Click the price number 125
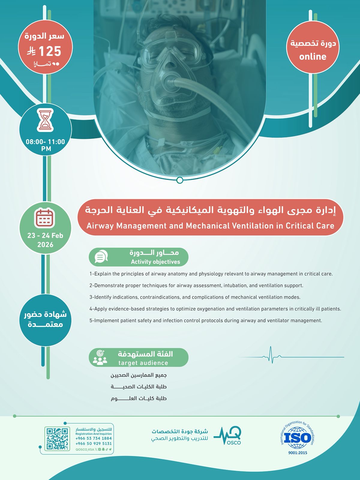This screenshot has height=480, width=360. tap(50, 51)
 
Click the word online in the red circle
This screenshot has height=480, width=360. tap(313, 57)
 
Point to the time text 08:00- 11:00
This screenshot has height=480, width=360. tap(45, 142)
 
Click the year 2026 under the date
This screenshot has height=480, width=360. tap(45, 245)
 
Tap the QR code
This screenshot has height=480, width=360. tap(57, 438)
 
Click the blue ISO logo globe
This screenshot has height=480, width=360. tap(297, 438)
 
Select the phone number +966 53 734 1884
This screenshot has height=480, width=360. tap(94, 438)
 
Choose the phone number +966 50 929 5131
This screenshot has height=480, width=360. tap(94, 443)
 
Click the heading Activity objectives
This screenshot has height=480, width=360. tap(155, 262)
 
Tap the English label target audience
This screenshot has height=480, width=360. tap(143, 363)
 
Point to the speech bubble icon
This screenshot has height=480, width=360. tap(101, 257)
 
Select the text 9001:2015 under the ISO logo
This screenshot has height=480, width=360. tap(298, 453)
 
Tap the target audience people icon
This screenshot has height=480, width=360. tap(100, 357)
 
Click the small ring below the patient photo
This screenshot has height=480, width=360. tap(180, 180)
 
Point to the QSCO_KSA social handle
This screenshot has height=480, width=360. tap(85, 449)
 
